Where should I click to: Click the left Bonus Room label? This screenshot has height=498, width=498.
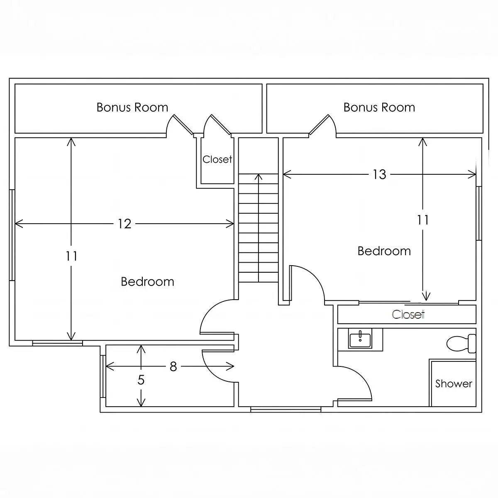[x=132, y=107]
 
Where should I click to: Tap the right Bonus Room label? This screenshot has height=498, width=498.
[x=379, y=107]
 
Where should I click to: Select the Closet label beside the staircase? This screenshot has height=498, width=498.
[x=217, y=159]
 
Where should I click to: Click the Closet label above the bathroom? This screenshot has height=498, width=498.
[x=408, y=314]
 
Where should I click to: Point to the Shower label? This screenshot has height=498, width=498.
[x=454, y=383]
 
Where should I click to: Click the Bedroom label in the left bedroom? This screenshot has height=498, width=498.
[x=148, y=281]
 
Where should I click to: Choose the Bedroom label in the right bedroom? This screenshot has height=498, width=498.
[x=384, y=251]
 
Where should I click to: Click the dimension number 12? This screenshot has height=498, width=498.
[x=124, y=224]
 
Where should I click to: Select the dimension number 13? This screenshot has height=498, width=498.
[x=379, y=174]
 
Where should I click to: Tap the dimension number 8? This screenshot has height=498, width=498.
[x=173, y=366]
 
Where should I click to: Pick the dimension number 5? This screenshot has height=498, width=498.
[x=141, y=380]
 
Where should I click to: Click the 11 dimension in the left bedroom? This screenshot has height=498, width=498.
[x=71, y=256]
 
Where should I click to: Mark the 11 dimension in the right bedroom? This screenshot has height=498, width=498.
[x=423, y=220]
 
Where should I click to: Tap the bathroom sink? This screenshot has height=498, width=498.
[x=360, y=338]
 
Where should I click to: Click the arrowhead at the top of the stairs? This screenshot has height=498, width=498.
[x=258, y=176]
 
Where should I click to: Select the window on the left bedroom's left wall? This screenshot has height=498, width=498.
[x=12, y=235]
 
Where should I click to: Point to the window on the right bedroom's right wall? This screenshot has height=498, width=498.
[x=479, y=213]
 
